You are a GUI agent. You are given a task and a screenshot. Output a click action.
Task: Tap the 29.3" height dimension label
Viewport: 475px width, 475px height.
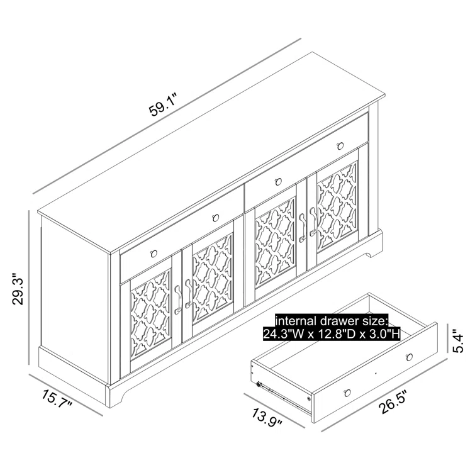coord(18,289)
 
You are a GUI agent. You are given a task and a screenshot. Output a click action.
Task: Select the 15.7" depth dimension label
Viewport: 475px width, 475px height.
coord(57,398)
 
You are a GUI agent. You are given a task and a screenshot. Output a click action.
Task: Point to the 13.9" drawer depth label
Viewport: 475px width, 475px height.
coord(267,418)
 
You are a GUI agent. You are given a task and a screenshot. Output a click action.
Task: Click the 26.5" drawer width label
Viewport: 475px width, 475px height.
coord(393,402)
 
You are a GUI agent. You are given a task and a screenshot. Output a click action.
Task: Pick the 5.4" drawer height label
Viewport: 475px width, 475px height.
coord(458,342)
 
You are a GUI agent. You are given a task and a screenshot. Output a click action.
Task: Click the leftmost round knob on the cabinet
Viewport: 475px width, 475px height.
coord(154,253)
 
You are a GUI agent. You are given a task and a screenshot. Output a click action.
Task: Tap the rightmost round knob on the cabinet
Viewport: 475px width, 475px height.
coord(340,146)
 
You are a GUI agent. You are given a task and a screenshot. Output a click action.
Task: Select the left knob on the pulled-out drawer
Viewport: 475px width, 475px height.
coord(347,393)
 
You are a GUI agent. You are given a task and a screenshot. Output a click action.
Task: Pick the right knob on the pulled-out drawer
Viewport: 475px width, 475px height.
coord(410,357)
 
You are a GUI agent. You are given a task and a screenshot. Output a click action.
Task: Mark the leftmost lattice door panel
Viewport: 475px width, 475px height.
coord(150,315)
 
